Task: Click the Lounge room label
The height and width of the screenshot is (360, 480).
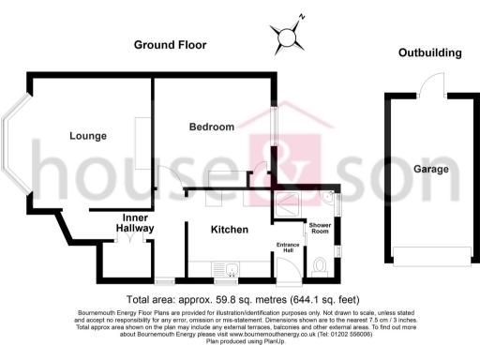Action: point(88,136)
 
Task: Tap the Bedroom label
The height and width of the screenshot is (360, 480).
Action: point(211,127)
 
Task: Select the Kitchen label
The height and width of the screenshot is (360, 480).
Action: point(229,229)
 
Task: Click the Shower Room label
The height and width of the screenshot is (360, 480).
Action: point(321,231)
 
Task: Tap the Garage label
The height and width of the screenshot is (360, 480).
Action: point(430,170)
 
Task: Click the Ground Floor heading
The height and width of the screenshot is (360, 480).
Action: point(171,45)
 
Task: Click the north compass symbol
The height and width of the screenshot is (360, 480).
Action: point(286,36)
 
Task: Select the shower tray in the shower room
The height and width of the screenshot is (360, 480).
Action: point(288,200)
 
